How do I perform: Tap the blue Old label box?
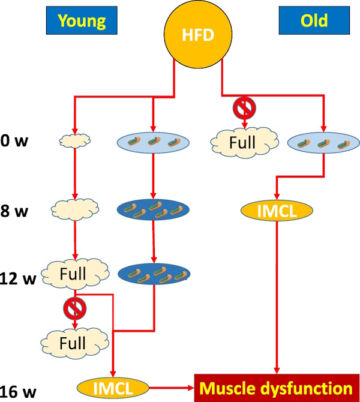tap(314, 20)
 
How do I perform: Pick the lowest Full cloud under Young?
tap(72, 343)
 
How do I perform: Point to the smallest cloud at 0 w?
tap(75, 141)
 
